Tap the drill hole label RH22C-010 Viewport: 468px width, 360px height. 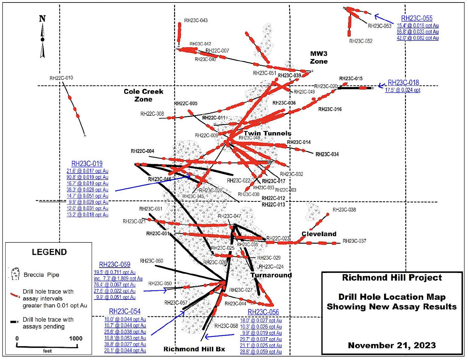(x=61, y=78)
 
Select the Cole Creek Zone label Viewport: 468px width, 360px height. (x=144, y=95)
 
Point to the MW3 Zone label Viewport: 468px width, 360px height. (x=319, y=58)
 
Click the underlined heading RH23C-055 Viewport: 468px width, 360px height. (x=417, y=18)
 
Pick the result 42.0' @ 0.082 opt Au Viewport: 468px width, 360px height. (x=417, y=38)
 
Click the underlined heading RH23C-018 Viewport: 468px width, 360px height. (x=403, y=83)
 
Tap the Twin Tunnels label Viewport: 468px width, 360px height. (x=267, y=134)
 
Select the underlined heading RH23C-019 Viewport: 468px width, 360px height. (x=87, y=164)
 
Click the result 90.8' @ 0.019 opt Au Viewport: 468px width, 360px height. (x=87, y=177)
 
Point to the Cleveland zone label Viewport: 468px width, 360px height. (x=319, y=234)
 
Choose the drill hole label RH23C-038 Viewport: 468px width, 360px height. (x=344, y=210)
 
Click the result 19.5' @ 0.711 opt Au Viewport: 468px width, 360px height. (x=115, y=272)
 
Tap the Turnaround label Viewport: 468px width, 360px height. (x=271, y=275)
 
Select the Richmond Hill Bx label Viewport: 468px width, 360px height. (x=194, y=349)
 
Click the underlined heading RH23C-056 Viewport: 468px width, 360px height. (x=263, y=312)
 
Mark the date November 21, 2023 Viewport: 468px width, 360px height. (x=392, y=345)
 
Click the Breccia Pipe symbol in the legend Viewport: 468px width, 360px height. (x=15, y=274)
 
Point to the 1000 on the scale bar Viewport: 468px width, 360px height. (x=76, y=338)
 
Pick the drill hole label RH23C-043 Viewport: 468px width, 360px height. (x=196, y=21)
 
